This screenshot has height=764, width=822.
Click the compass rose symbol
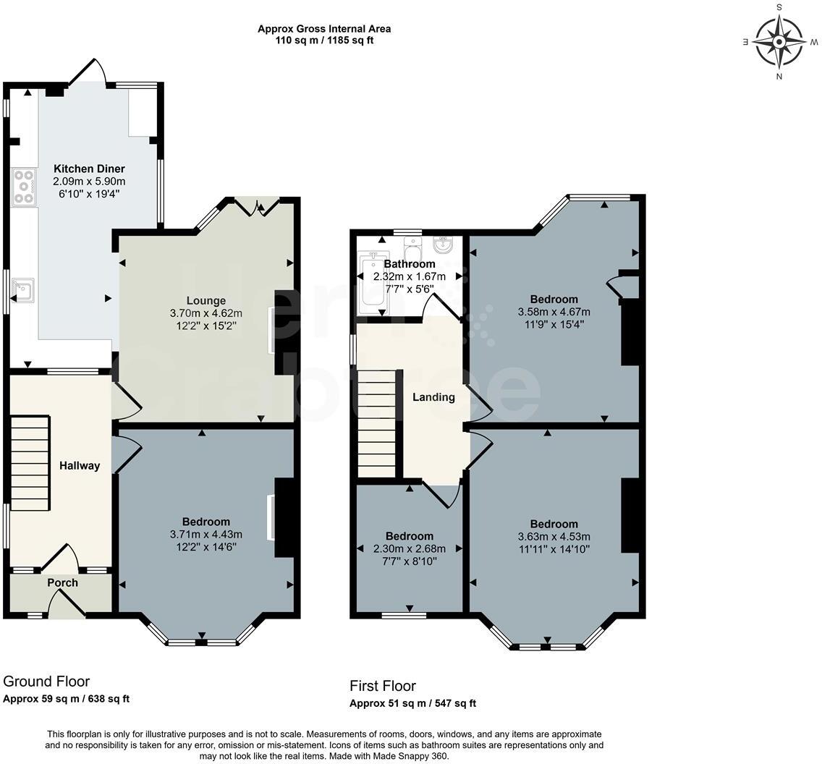[779, 41]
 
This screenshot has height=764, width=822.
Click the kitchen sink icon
[24, 290]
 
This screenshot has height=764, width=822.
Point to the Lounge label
[206, 300]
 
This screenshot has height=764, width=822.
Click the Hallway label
[80, 465]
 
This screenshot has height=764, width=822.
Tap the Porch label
[63, 582]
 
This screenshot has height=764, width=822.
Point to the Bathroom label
[410, 264]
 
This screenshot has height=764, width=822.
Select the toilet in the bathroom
[413, 250]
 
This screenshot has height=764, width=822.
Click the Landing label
[433, 396]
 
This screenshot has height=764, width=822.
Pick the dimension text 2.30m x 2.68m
[410, 548]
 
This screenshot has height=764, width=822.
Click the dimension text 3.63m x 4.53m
[554, 536]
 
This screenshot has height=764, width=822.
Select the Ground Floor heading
[46, 681]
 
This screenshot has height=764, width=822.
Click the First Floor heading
[383, 686]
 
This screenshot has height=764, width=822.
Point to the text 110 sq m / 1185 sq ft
[324, 41]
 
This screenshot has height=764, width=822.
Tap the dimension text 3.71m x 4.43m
[206, 534]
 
